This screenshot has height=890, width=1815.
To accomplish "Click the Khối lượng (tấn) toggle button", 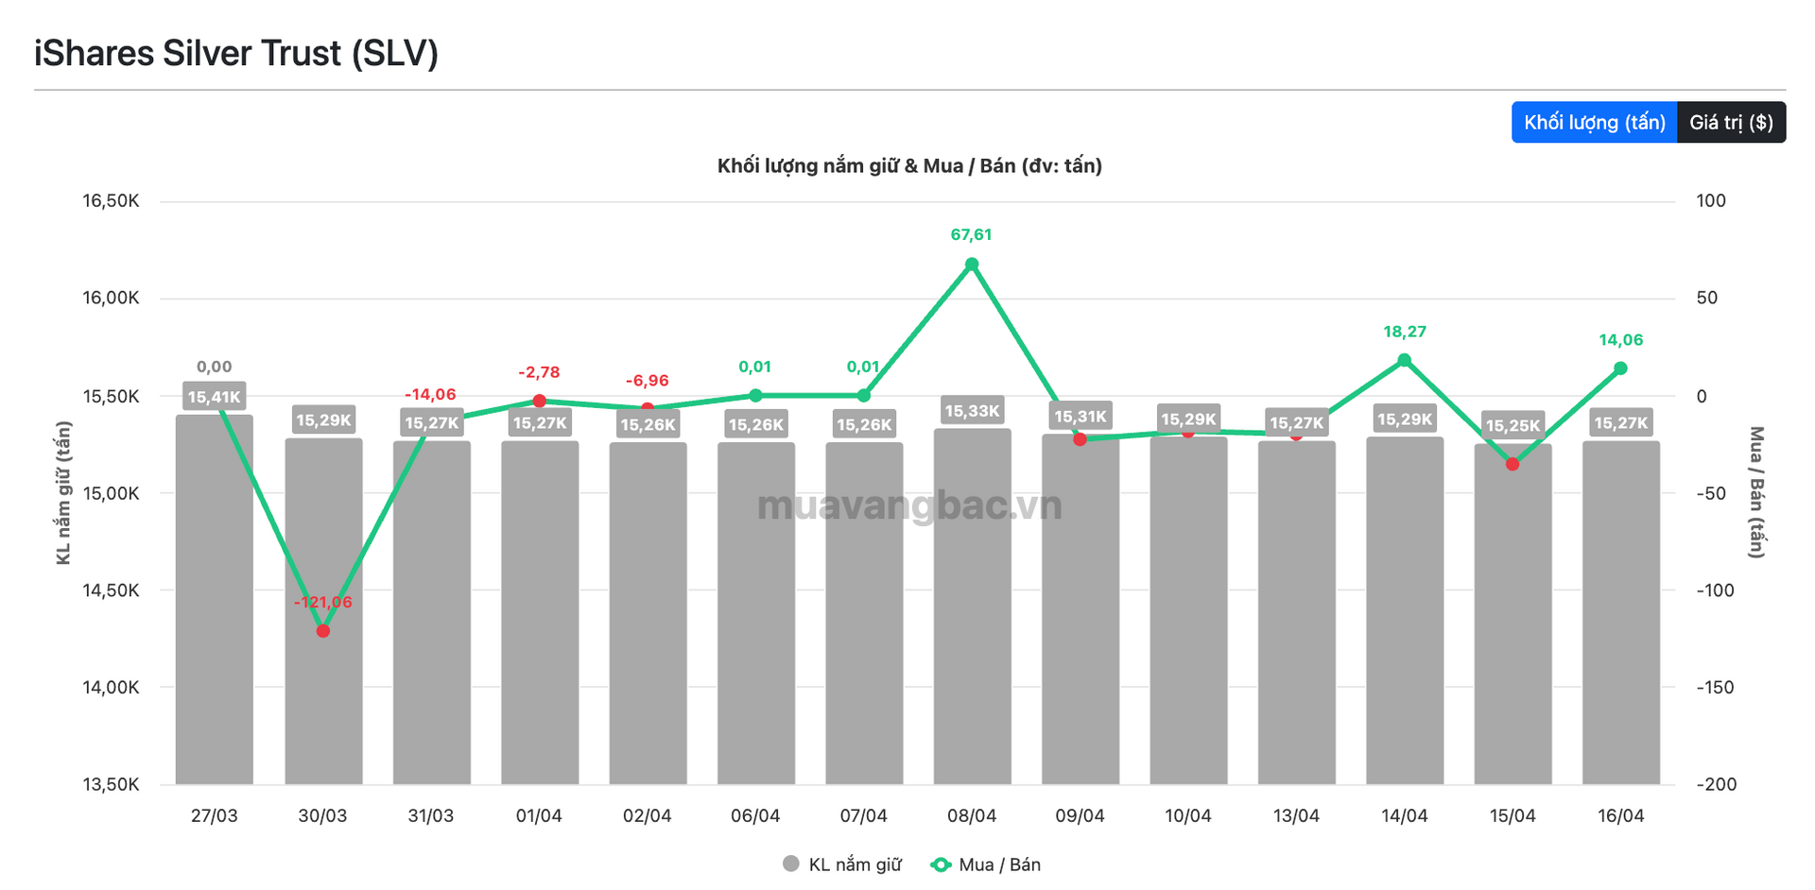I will click(1594, 123).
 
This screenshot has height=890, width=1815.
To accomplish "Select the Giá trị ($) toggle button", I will click(1731, 123).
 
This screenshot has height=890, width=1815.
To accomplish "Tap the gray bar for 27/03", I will click(215, 605).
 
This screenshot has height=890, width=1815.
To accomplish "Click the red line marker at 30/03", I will click(323, 630).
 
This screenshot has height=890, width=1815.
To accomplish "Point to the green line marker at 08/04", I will click(972, 265).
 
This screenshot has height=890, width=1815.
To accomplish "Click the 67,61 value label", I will click(972, 234).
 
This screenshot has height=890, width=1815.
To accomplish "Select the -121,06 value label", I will click(323, 602).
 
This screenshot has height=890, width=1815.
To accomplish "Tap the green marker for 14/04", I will click(1405, 360).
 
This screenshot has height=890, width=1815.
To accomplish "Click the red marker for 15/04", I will click(1512, 464).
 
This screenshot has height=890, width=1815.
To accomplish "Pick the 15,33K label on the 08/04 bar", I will click(972, 411).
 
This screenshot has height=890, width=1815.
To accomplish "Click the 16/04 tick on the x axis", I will click(1620, 816).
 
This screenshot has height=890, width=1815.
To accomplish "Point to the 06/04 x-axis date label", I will click(755, 816).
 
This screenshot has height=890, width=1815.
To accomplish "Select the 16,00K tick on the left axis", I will click(111, 299).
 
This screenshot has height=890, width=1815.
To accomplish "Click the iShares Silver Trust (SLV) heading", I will click(236, 54).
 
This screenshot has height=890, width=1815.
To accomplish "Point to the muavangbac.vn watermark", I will click(909, 506).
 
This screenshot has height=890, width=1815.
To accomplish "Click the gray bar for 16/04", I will click(1620, 614).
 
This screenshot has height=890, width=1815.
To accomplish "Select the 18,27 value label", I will click(1405, 332).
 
